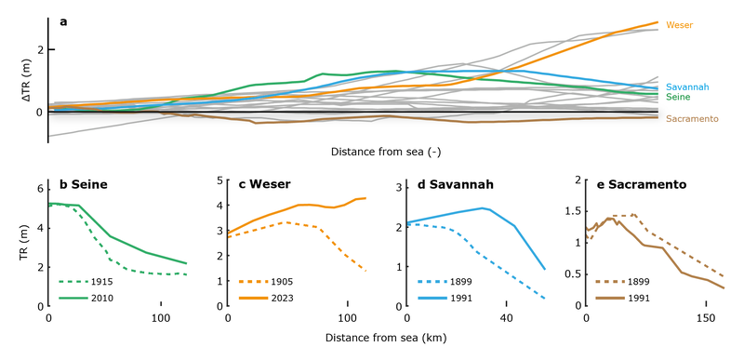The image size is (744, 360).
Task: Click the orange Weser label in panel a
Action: [680, 24]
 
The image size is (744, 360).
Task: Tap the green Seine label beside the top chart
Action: [677, 97]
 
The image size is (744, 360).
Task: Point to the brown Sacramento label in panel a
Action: [692, 119]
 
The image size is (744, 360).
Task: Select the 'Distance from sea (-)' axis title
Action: [372, 150]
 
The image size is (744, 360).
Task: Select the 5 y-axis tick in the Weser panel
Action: [220, 180]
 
